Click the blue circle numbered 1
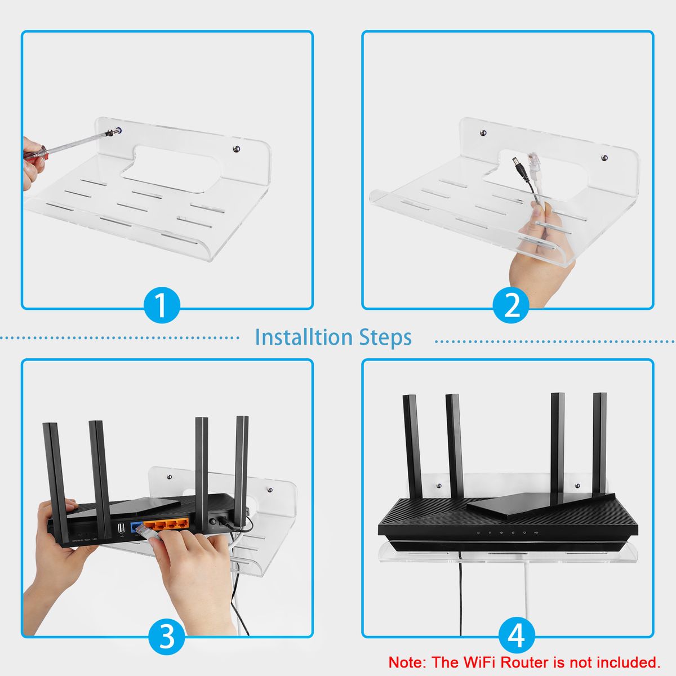point(162,305)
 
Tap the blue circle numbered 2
point(510,305)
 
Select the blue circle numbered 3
point(167,637)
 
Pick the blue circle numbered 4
point(517,635)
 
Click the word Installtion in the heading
point(304,337)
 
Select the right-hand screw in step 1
point(237,149)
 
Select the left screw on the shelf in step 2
point(483,133)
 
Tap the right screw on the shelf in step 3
point(269,490)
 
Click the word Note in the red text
point(407,662)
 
